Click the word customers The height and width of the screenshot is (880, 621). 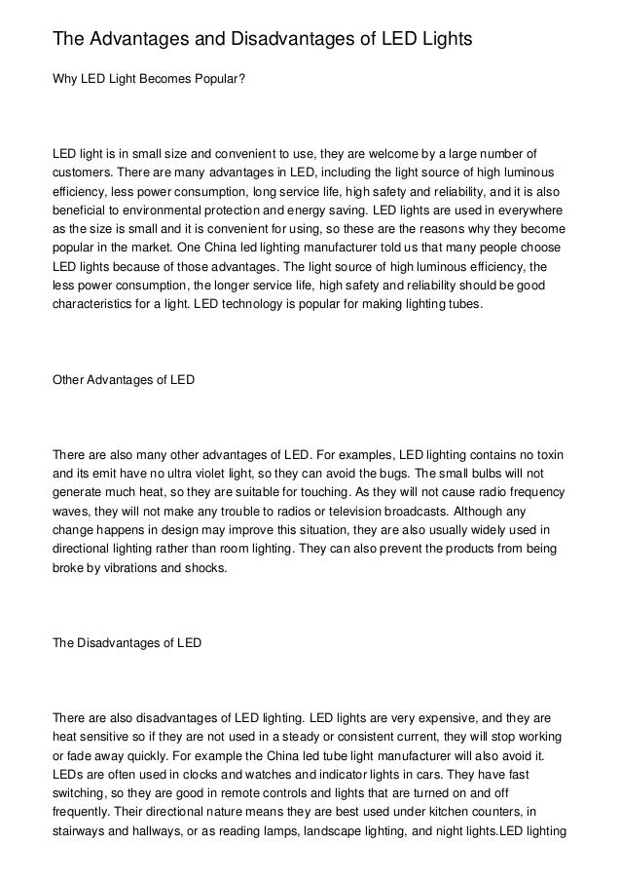83,172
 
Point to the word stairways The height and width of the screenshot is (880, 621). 79,829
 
